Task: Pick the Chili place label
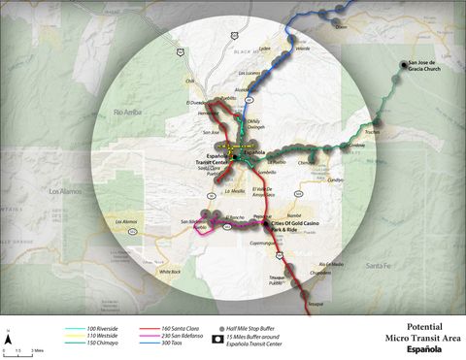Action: [190, 82]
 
